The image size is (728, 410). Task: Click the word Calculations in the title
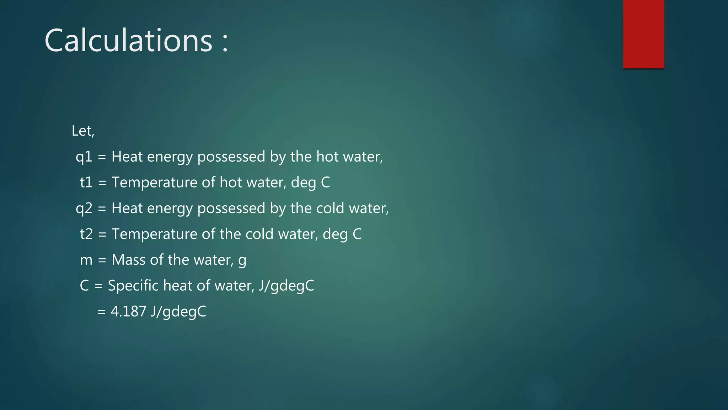tap(128, 41)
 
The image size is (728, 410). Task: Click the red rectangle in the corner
tap(643, 34)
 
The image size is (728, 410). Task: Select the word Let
tap(81, 131)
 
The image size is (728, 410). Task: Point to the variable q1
tap(84, 157)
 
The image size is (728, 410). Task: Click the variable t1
tap(86, 183)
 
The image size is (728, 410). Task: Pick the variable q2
tap(84, 209)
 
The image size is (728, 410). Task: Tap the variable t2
tap(86, 234)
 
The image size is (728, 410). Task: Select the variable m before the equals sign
tap(86, 260)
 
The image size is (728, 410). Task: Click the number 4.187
tap(128, 312)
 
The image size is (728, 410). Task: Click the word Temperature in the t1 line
tap(155, 183)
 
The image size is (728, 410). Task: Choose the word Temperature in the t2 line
tap(155, 234)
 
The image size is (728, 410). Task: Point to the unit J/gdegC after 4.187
tap(178, 312)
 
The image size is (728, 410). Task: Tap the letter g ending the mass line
tap(242, 261)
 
